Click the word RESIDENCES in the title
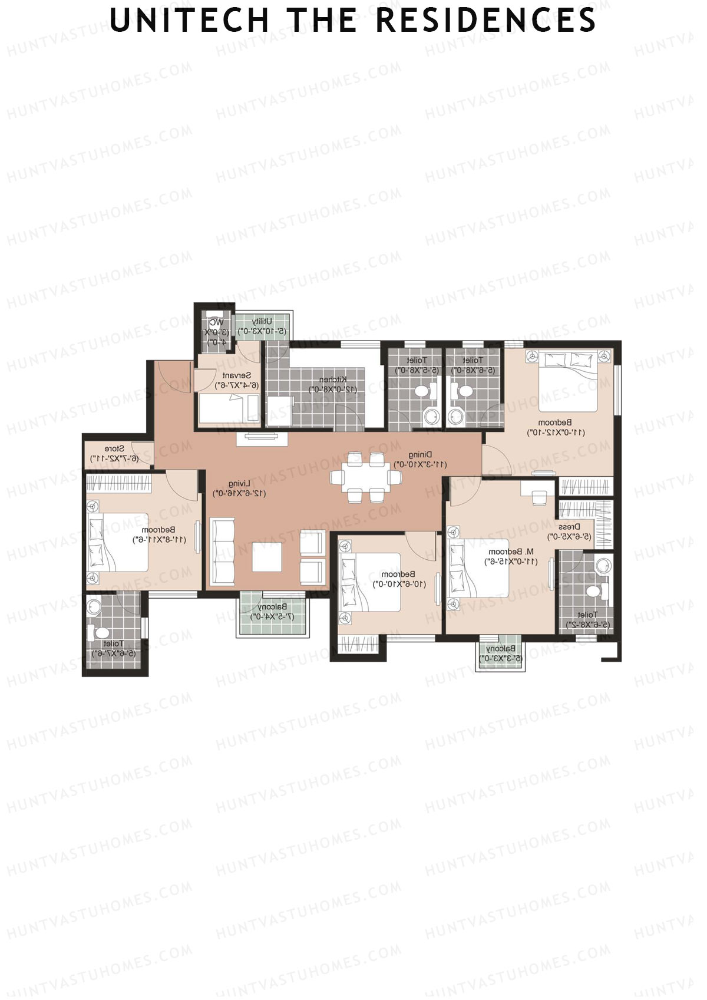(485, 21)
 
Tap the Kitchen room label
(333, 380)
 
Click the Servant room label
(237, 375)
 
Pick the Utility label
(262, 321)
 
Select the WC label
(217, 322)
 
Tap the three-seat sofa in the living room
(223, 549)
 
